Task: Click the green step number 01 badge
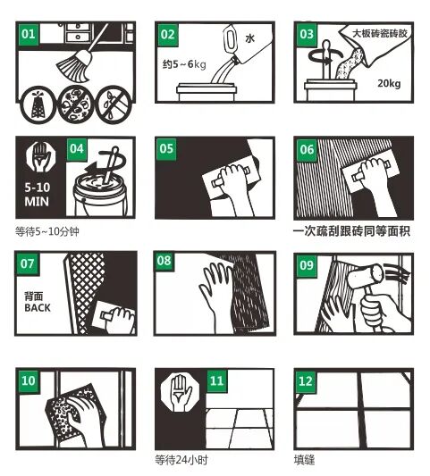(29, 34)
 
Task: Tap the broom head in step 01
(74, 67)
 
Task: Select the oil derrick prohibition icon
(38, 105)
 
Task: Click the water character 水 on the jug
(249, 38)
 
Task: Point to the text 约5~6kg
(184, 64)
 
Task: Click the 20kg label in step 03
(389, 83)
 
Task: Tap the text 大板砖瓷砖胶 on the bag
(379, 33)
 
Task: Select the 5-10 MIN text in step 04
(37, 195)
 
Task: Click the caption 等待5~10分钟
(47, 231)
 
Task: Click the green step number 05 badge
(166, 149)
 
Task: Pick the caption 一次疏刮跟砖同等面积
(351, 231)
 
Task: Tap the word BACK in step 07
(38, 308)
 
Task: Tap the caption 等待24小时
(181, 460)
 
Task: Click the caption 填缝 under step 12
(304, 460)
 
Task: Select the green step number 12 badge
(306, 381)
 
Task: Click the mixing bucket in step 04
(100, 195)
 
